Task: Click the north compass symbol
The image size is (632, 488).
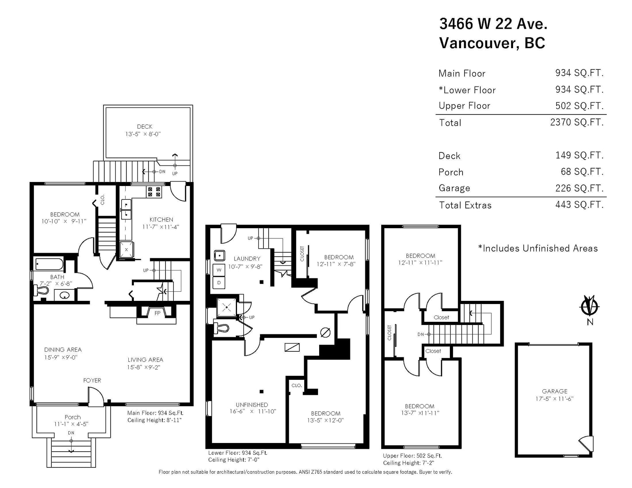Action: (589, 306)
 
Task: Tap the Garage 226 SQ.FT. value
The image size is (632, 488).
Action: (579, 188)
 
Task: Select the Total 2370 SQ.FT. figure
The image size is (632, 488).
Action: (577, 122)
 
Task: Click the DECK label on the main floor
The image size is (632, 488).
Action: (145, 127)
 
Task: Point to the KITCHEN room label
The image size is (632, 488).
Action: (161, 220)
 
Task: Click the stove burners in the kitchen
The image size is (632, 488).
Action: (154, 192)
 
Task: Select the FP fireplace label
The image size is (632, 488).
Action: (157, 313)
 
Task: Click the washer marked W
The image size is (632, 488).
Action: (219, 270)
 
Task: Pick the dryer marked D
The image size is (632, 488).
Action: (219, 283)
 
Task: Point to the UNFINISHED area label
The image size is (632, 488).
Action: (252, 405)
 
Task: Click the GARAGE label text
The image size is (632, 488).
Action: (554, 391)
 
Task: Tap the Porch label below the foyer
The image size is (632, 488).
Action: (73, 417)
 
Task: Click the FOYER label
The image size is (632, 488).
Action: (92, 381)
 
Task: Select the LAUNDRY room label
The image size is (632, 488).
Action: (247, 258)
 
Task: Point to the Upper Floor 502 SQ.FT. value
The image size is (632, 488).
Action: (579, 105)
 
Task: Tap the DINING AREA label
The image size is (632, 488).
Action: (63, 350)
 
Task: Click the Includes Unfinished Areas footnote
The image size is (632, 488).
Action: (538, 248)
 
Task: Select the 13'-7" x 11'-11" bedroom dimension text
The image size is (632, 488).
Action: (420, 413)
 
